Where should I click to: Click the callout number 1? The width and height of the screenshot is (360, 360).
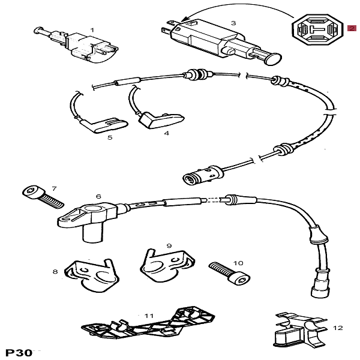(x=92, y=29)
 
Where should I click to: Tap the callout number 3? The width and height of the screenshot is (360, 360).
(x=233, y=23)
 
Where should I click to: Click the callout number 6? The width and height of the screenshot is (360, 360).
(x=98, y=196)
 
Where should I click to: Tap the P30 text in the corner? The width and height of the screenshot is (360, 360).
(x=19, y=352)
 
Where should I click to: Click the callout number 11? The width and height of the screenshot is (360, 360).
(x=149, y=315)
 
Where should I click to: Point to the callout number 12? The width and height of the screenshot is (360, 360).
(x=338, y=328)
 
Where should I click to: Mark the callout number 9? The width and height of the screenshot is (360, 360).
(x=169, y=245)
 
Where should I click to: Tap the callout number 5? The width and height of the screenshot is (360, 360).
(x=110, y=137)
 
